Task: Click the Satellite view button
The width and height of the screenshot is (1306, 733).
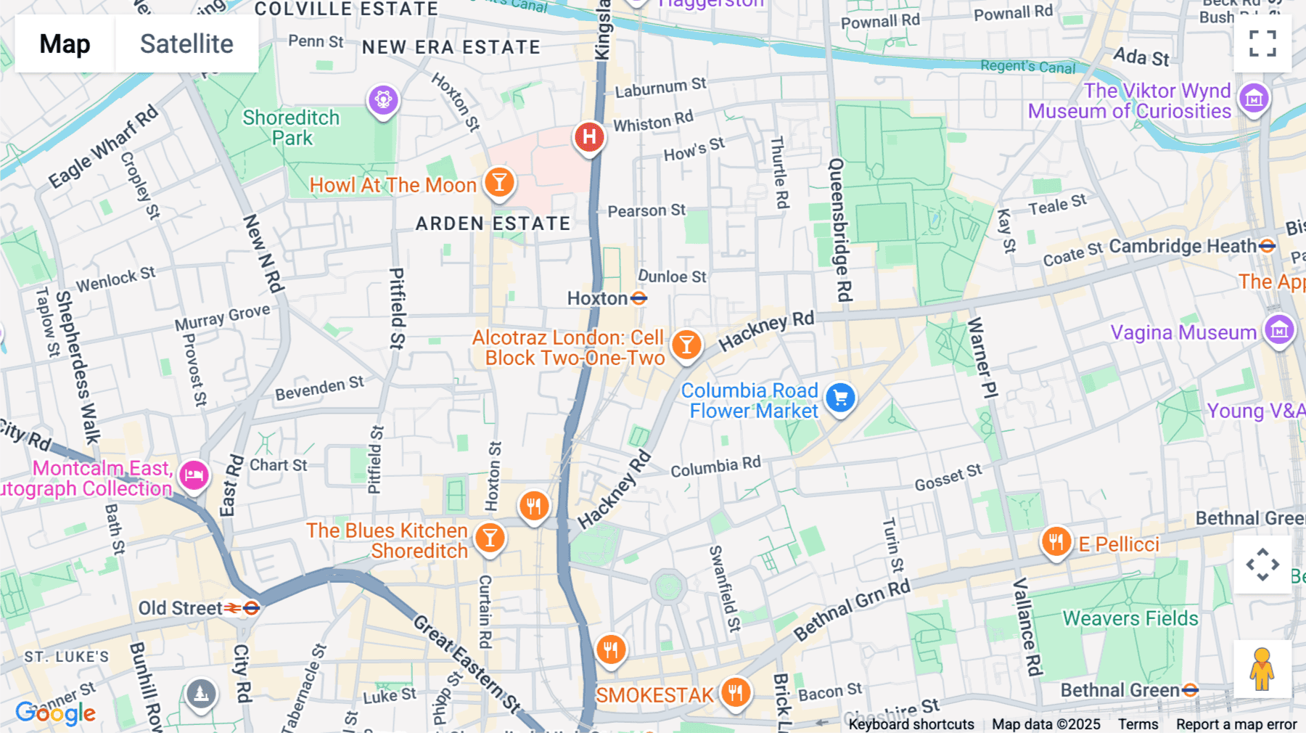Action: (x=186, y=44)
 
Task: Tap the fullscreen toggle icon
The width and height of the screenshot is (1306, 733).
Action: (x=1262, y=44)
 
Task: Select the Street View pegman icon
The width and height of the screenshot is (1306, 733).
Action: (x=1262, y=669)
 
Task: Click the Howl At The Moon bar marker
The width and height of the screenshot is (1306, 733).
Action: (x=499, y=182)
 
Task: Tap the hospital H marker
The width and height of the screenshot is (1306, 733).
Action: (x=589, y=136)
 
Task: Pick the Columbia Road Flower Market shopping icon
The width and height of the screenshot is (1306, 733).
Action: (x=840, y=398)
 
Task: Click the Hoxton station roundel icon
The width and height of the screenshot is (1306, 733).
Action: (x=638, y=298)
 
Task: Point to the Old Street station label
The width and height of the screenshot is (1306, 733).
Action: (x=180, y=608)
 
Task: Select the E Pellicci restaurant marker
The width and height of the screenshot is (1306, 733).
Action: (x=1056, y=541)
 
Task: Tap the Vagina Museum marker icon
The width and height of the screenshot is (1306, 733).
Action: (x=1279, y=330)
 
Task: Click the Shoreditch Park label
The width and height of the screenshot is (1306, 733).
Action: (x=291, y=128)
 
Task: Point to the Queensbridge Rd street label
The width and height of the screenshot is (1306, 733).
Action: (x=839, y=230)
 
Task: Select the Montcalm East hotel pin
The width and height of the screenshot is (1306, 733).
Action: (x=194, y=476)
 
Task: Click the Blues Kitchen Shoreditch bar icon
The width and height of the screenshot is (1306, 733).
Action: (x=490, y=539)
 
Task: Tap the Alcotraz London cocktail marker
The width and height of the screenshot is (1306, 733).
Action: (x=686, y=345)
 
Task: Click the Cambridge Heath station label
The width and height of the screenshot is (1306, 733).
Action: (x=1183, y=246)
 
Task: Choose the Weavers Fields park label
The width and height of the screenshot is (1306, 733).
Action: (x=1130, y=618)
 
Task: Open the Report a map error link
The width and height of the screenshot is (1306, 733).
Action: (x=1236, y=724)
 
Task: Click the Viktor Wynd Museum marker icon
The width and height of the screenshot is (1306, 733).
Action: (x=1254, y=98)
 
